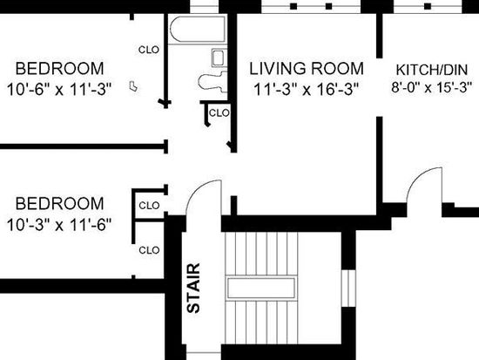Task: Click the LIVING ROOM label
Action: click(307, 68)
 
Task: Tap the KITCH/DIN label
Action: click(432, 70)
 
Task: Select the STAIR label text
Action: click(193, 289)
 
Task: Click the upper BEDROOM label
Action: click(59, 68)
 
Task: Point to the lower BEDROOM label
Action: click(59, 203)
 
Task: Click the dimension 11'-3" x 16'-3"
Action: click(306, 89)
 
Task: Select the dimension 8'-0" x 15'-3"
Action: click(432, 87)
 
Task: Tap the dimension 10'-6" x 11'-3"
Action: click(59, 89)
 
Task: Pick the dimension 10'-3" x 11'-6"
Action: click(59, 225)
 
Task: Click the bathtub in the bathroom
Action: click(198, 30)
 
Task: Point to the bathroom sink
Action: click(219, 58)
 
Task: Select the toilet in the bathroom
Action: click(213, 81)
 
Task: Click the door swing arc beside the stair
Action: click(199, 188)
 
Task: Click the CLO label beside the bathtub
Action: click(149, 50)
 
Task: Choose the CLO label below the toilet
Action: click(219, 112)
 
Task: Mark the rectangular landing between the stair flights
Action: click(261, 288)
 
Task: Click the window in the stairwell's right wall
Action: click(348, 289)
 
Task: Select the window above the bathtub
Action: click(204, 6)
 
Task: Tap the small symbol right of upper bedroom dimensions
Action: click(133, 86)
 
